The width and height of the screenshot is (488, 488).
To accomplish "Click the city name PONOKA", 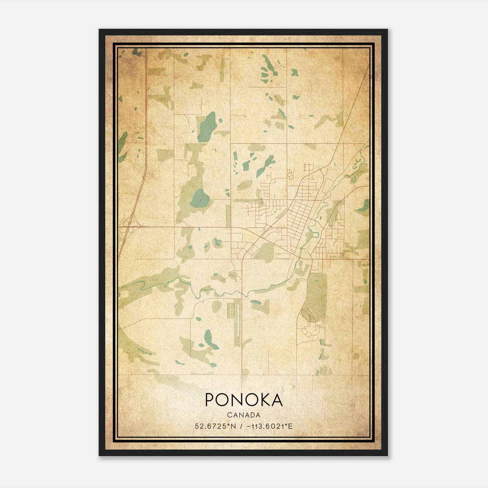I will (244, 400).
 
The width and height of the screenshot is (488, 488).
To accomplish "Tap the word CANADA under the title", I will (244, 415).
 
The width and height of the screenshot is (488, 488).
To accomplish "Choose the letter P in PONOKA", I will (210, 400).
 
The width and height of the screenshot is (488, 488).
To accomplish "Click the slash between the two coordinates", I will (242, 426).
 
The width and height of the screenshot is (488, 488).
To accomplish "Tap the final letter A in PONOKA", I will (277, 400).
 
